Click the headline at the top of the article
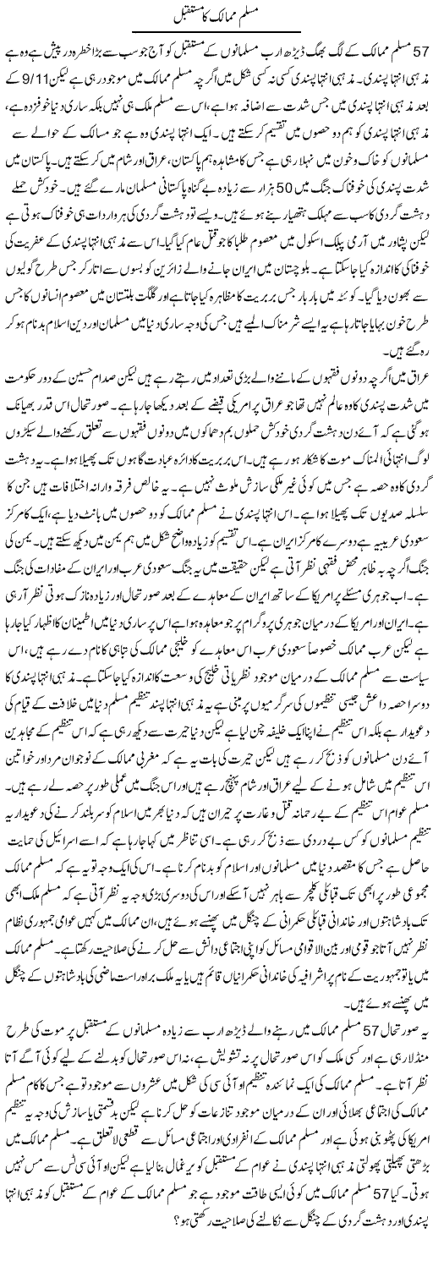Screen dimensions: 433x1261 click(x=216, y=15)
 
